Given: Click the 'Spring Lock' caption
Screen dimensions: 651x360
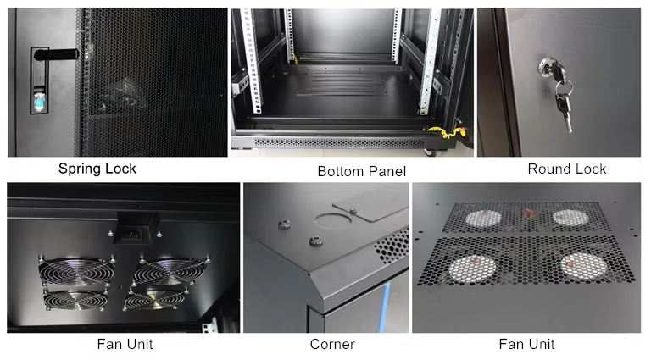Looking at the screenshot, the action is tap(97, 169).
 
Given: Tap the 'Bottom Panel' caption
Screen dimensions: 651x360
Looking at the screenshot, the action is tap(362, 171).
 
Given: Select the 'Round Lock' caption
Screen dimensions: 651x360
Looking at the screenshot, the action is tap(567, 169).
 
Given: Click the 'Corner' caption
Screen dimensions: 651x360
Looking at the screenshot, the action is tap(332, 344).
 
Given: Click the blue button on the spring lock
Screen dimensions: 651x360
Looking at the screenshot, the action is tap(39, 102).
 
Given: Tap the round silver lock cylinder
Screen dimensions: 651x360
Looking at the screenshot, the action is tap(547, 66).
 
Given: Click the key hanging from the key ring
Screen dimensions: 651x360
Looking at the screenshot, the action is tap(565, 112).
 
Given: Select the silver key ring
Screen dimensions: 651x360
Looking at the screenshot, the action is tap(564, 87).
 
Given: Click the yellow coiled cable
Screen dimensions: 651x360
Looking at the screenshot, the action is tap(447, 131).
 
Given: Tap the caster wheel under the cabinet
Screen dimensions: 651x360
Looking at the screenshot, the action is tap(431, 152).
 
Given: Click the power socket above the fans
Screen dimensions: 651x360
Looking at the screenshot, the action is tap(134, 235).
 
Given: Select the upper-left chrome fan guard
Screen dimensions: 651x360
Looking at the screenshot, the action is tap(77, 271).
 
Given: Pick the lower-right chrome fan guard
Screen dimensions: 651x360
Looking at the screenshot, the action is tap(154, 300).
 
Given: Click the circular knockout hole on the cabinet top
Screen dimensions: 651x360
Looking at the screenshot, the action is tap(332, 219).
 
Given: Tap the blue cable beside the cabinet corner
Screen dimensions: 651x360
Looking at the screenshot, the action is tap(384, 306).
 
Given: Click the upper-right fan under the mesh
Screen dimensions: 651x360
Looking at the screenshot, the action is tap(571, 218).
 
